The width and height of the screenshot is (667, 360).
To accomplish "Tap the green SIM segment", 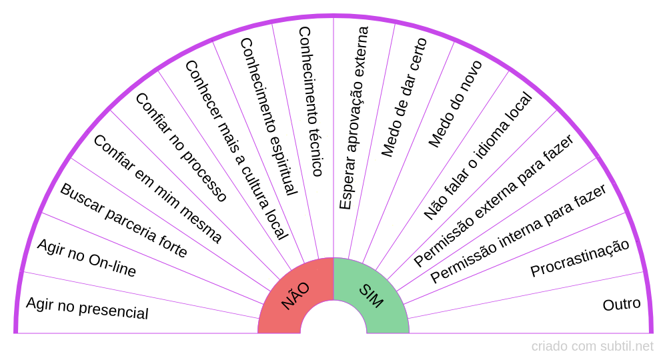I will click(x=372, y=297).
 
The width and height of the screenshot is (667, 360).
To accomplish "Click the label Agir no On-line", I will click(x=87, y=258).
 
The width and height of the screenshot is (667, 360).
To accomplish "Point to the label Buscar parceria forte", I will click(x=123, y=220).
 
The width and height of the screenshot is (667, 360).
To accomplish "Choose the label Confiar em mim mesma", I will click(x=157, y=189).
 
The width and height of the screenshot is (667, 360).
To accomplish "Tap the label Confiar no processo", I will click(x=181, y=147).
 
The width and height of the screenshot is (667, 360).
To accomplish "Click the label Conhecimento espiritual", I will click(x=267, y=117).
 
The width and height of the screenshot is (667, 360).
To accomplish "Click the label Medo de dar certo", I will click(x=404, y=97).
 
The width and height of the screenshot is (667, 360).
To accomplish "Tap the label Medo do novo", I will click(x=455, y=104).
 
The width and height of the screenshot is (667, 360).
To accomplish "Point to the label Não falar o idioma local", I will click(x=478, y=156).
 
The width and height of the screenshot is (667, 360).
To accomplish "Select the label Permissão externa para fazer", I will click(x=494, y=201).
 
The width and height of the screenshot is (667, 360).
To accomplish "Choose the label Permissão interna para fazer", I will click(x=518, y=233).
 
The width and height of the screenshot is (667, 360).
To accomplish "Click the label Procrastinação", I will click(x=580, y=258).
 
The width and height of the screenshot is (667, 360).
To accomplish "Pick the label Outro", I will click(x=621, y=304).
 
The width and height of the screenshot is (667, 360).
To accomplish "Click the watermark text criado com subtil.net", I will click(x=592, y=347).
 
